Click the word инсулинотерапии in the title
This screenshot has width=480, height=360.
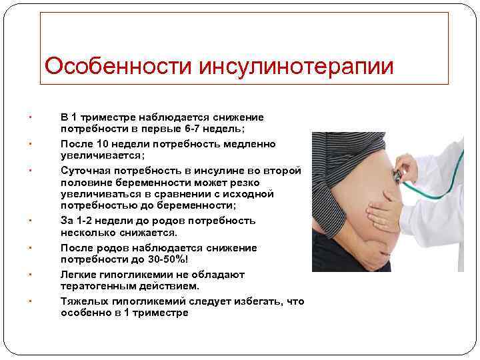click(293, 67)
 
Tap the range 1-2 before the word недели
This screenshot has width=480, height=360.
click(87, 221)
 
